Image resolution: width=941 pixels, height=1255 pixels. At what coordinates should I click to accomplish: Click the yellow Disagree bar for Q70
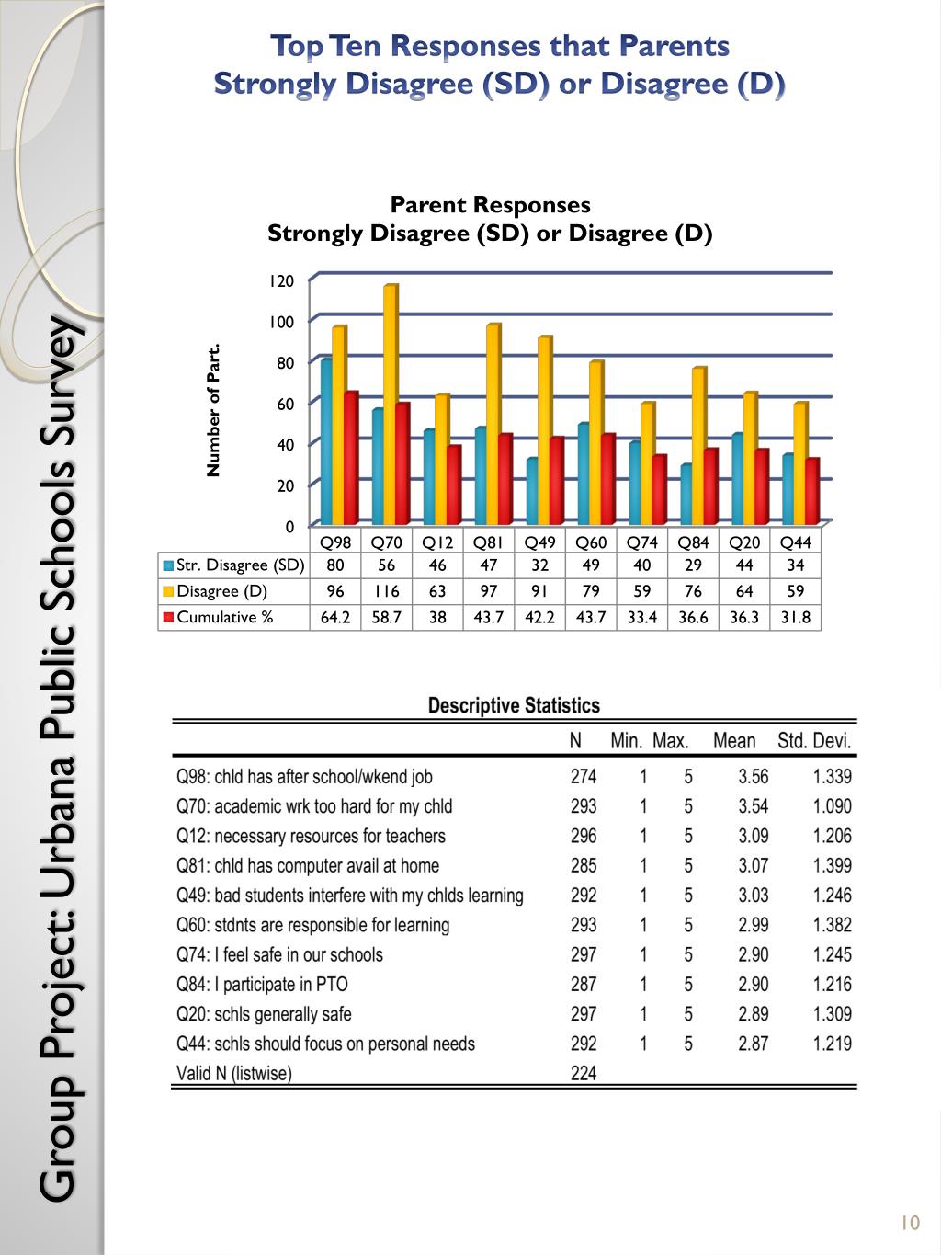(391, 405)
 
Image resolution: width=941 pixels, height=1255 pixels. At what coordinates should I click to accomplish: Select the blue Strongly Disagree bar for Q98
(326, 441)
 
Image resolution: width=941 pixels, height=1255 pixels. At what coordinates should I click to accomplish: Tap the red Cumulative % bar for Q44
(811, 490)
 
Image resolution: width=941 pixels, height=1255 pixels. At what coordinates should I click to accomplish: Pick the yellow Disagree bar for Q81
(493, 423)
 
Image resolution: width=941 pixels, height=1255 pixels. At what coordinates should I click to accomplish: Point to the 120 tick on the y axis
(281, 281)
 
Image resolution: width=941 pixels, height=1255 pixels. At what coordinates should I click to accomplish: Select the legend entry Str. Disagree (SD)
(233, 565)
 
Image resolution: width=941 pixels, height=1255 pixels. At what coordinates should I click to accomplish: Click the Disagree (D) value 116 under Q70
(387, 591)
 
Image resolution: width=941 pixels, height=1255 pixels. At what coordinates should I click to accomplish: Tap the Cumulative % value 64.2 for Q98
(335, 617)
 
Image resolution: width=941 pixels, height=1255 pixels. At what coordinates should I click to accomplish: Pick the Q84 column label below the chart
(693, 542)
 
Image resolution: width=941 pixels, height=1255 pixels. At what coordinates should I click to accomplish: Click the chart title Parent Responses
(490, 205)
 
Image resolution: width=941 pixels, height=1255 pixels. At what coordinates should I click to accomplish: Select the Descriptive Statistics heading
(514, 706)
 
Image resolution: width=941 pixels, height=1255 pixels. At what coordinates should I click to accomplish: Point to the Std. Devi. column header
(814, 741)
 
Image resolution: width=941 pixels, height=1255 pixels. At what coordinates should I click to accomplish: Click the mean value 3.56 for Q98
(753, 777)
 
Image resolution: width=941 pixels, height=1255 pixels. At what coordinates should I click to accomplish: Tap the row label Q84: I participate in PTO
(263, 985)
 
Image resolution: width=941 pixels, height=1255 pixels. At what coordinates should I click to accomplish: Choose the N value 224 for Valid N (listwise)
(583, 1073)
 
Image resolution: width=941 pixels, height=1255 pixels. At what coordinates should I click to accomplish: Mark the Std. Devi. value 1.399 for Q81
(832, 866)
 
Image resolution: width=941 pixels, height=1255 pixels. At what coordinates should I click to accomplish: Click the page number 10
(910, 1223)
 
